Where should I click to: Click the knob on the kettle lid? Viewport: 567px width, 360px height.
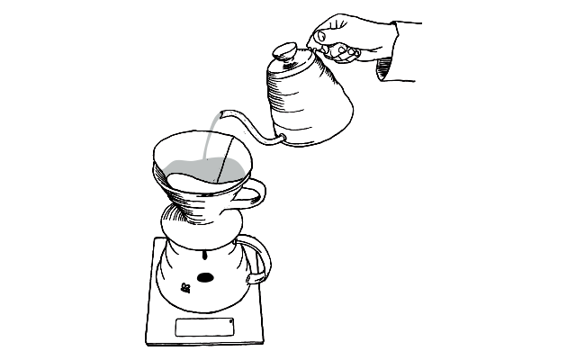[285, 50]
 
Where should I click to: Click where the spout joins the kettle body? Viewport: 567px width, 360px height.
[281, 139]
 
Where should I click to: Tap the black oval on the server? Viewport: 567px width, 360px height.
[206, 276]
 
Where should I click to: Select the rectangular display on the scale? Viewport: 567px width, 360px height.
[202, 328]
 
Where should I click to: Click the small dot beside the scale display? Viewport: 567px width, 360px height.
[231, 320]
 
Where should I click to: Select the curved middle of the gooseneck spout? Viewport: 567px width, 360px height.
[252, 126]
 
